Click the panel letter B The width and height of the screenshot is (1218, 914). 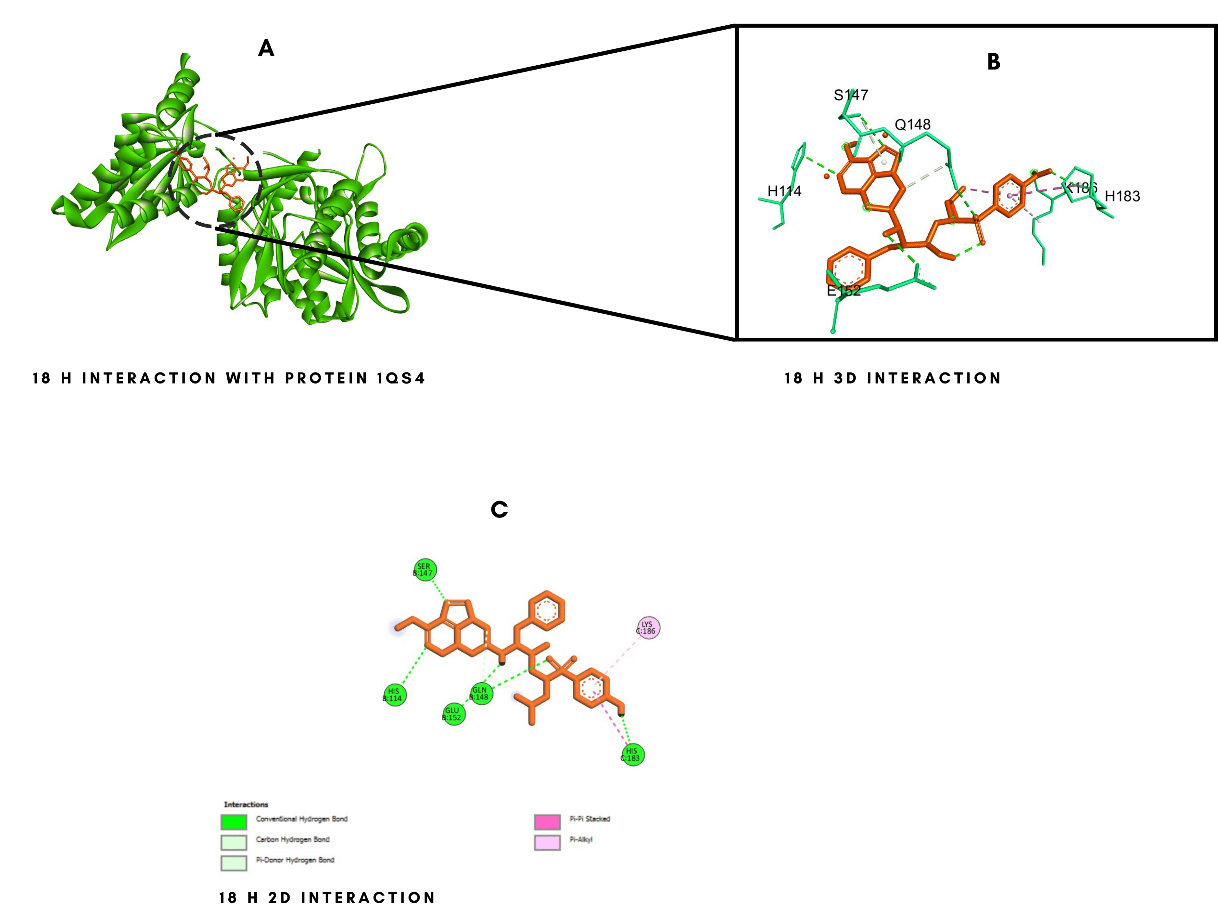(x=993, y=62)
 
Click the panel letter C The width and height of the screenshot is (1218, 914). (x=499, y=510)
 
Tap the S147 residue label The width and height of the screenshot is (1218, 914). (x=851, y=95)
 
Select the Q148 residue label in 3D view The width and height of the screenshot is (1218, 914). (x=912, y=124)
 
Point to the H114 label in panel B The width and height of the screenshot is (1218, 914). (x=784, y=191)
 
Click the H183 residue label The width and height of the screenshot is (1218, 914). (x=1122, y=196)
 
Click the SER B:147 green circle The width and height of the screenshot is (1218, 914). (x=425, y=570)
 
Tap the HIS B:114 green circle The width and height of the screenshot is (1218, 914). (x=394, y=695)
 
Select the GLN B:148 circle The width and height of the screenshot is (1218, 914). (x=480, y=693)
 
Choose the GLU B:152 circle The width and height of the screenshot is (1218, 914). (x=453, y=714)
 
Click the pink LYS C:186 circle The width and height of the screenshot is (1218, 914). (x=648, y=628)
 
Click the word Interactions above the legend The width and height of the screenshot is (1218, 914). (x=246, y=804)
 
